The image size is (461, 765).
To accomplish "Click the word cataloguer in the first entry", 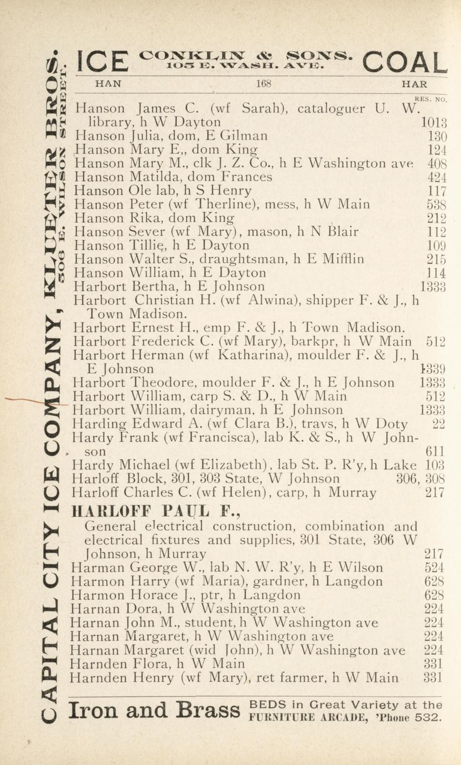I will tap(333, 109).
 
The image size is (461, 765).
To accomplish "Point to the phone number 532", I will tap(430, 717).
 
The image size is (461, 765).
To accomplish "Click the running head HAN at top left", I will tap(108, 84).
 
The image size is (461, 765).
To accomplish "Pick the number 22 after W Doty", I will tap(439, 424).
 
